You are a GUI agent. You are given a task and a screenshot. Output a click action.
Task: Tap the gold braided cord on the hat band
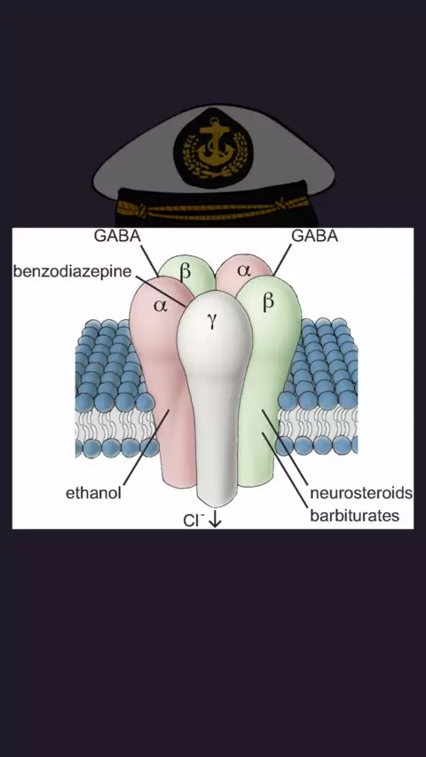pyautogui.click(x=213, y=208)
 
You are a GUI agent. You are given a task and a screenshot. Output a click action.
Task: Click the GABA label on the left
pyautogui.click(x=117, y=236)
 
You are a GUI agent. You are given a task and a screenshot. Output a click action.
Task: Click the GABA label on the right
pyautogui.click(x=314, y=236)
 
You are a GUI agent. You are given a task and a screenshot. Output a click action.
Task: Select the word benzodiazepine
pyautogui.click(x=72, y=271)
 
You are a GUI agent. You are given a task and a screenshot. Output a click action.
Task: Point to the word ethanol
pyautogui.click(x=93, y=494)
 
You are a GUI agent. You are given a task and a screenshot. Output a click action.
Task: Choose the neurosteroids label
pyautogui.click(x=361, y=494)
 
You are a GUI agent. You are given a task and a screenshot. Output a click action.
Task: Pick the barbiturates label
pyautogui.click(x=355, y=516)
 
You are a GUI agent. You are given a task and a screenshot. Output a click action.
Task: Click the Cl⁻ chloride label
pyautogui.click(x=193, y=520)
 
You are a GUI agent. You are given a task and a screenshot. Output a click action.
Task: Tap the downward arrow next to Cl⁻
pyautogui.click(x=215, y=520)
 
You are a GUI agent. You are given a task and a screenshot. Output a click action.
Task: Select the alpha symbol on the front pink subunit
pyautogui.click(x=160, y=306)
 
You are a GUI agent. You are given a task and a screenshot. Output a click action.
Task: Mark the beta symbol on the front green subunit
pyautogui.click(x=268, y=300)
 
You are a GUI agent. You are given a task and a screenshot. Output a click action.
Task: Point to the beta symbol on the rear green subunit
pyautogui.click(x=185, y=272)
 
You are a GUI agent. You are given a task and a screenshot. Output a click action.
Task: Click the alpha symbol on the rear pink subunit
pyautogui.click(x=244, y=269)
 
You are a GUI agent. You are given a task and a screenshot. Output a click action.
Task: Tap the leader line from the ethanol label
pyautogui.click(x=146, y=447)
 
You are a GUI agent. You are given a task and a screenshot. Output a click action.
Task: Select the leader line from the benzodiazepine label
pyautogui.click(x=160, y=291)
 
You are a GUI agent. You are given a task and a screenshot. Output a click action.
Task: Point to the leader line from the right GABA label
pyautogui.click(x=282, y=260)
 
